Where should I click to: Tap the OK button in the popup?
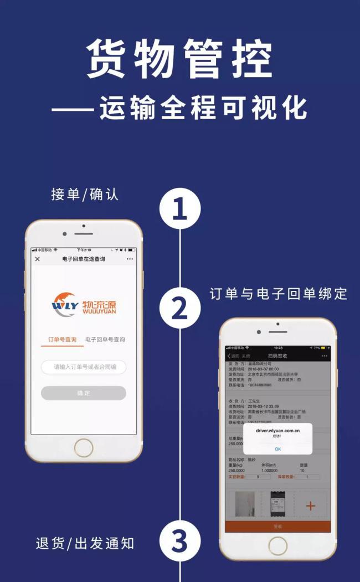[x=277, y=449]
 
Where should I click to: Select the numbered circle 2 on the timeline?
[x=179, y=308]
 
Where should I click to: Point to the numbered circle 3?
[x=179, y=542]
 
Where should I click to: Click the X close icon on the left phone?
[x=38, y=259]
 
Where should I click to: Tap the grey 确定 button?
[x=84, y=393]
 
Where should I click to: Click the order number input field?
[x=84, y=367]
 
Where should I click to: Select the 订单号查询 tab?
[x=62, y=339]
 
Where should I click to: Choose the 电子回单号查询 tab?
[x=105, y=339]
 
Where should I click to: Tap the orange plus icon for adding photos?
[x=310, y=505]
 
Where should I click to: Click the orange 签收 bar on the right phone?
[x=277, y=526]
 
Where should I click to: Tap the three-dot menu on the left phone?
[x=130, y=259]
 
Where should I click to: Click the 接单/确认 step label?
[x=85, y=195]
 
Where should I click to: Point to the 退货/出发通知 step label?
[x=85, y=543]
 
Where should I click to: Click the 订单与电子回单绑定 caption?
[x=278, y=294]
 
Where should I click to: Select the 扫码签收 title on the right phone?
[x=277, y=355]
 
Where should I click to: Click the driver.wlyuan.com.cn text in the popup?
[x=277, y=430]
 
